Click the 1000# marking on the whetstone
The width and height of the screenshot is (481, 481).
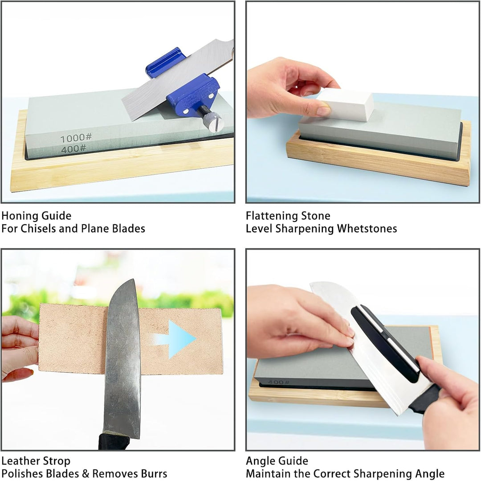(76, 138)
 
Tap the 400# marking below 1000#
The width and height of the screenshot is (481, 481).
(73, 149)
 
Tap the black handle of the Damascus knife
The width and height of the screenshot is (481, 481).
(114, 441)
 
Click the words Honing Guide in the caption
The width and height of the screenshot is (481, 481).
(36, 216)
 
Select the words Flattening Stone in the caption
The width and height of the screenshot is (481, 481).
(288, 216)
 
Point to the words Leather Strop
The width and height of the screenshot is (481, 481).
(36, 461)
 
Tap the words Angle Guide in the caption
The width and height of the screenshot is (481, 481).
(277, 461)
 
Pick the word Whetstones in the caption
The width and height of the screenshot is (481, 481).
(367, 229)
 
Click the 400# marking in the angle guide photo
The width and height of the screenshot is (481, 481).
(278, 382)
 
